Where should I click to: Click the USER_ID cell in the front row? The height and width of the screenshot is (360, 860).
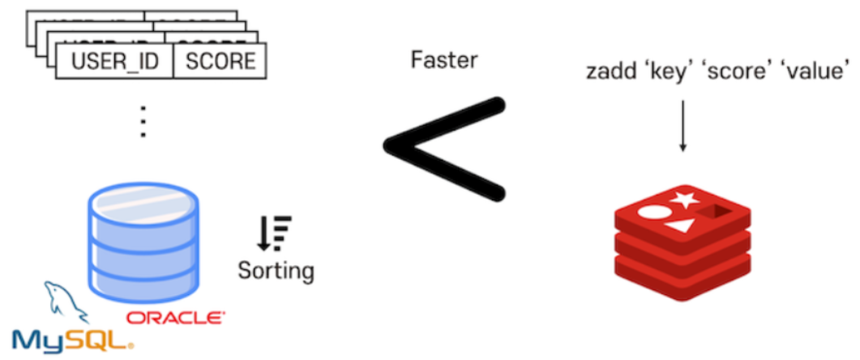pyautogui.click(x=114, y=62)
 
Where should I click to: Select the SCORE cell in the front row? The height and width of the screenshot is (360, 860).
pyautogui.click(x=220, y=62)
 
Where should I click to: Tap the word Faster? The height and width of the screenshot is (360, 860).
pyautogui.click(x=444, y=60)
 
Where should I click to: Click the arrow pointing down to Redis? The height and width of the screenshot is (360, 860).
pyautogui.click(x=682, y=126)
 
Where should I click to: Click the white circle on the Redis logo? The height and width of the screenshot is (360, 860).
pyautogui.click(x=652, y=215)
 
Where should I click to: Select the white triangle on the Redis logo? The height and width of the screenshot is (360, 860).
pyautogui.click(x=682, y=228)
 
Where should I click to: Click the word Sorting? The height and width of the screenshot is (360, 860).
pyautogui.click(x=276, y=269)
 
